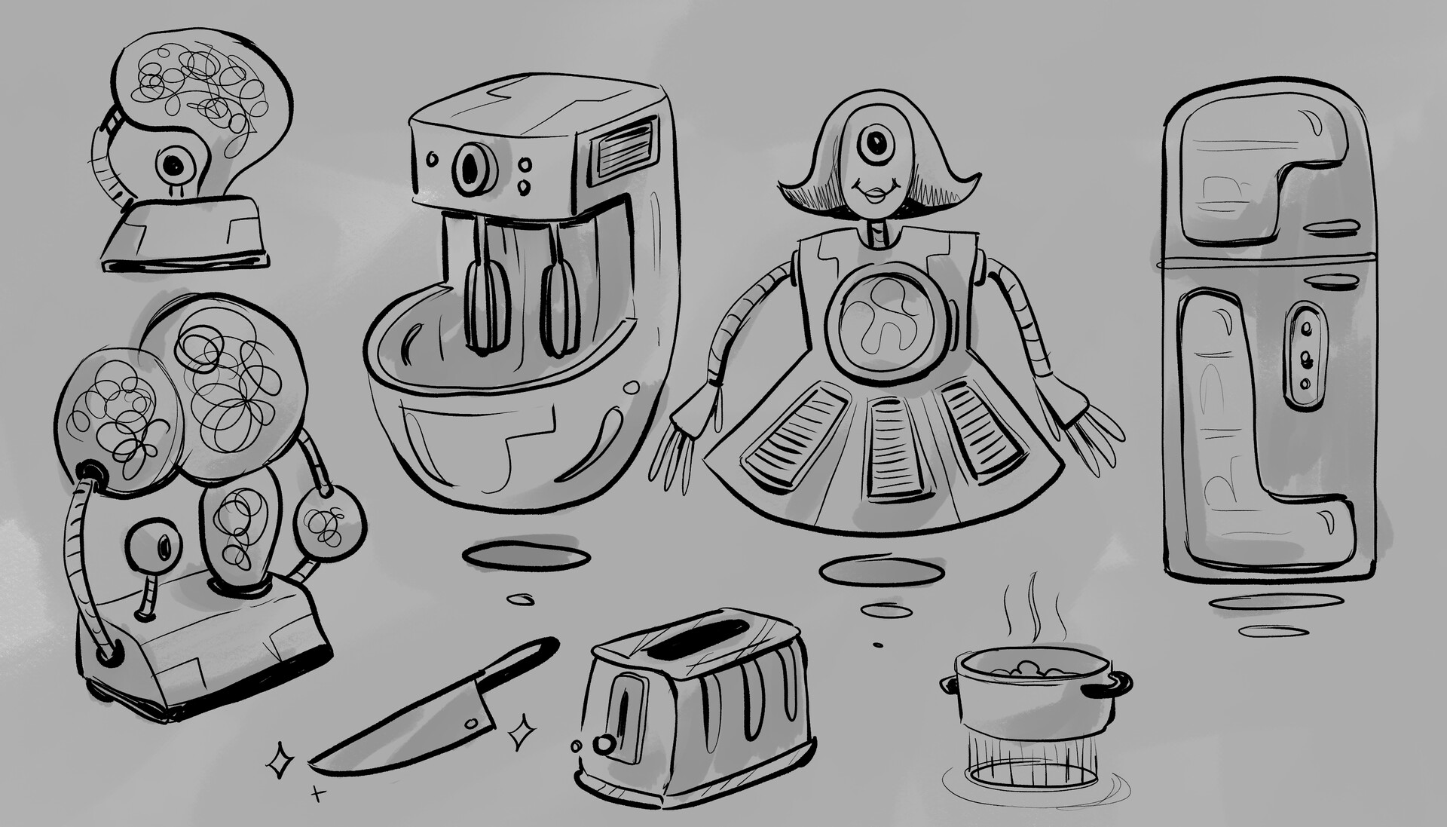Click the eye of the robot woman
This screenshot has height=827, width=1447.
876,141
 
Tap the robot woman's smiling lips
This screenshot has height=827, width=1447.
875,195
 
